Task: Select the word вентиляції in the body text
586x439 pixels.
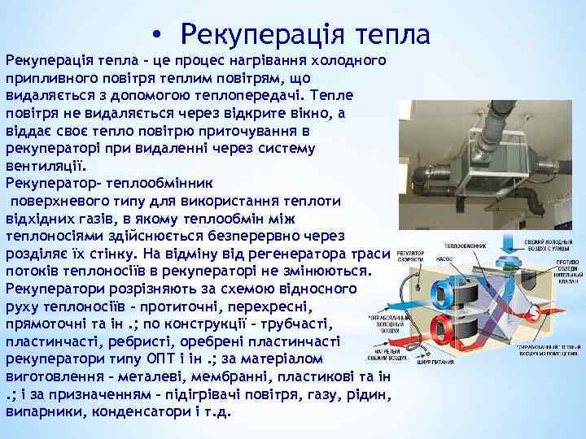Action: click(44, 163)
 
